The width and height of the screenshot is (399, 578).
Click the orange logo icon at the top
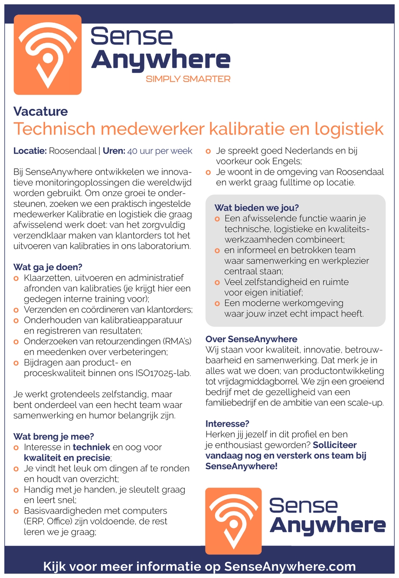click(48, 55)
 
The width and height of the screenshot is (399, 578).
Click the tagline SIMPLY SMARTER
click(188, 79)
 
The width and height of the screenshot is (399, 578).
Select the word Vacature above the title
click(41, 111)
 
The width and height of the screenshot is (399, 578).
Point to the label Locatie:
click(30, 151)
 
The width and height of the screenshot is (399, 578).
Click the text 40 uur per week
click(160, 151)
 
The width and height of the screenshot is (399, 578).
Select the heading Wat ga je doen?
click(48, 267)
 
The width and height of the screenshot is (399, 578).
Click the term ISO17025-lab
click(164, 373)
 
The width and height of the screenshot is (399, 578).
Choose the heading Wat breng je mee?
click(54, 437)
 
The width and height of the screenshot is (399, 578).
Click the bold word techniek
click(92, 447)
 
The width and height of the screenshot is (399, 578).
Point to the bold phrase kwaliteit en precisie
click(67, 458)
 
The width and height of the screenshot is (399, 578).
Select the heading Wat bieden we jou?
click(257, 208)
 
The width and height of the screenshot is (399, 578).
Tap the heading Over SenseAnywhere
click(252, 339)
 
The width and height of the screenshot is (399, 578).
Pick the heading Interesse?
click(227, 424)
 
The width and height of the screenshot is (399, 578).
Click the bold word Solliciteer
click(335, 445)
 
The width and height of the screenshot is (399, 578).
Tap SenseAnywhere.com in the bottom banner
click(290, 567)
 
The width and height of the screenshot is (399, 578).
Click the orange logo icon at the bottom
click(233, 521)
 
